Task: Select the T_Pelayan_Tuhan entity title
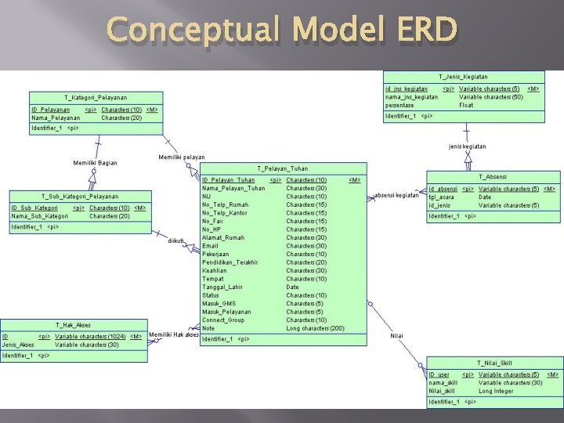(282, 168)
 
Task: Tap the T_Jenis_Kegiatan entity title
(463, 77)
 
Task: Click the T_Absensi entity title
(491, 177)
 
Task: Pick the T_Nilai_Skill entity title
(494, 363)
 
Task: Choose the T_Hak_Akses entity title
(73, 324)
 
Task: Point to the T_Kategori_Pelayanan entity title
(95, 97)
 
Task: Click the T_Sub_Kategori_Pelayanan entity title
(80, 196)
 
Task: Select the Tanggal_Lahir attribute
(222, 287)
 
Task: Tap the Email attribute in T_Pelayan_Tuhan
(211, 246)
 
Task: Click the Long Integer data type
(497, 391)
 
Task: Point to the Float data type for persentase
(466, 105)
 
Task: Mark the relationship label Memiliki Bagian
(95, 163)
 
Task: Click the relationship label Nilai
(396, 335)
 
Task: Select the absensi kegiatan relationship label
(397, 195)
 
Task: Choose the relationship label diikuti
(176, 240)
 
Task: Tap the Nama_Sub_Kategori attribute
(38, 216)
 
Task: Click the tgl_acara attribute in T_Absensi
(443, 197)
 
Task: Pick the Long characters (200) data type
(315, 328)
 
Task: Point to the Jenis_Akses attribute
(18, 345)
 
